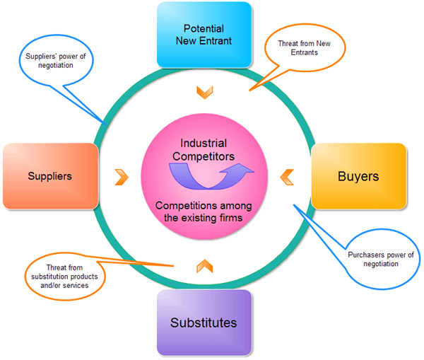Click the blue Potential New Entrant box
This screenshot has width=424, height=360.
tap(204, 35)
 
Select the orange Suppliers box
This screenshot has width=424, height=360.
tap(51, 176)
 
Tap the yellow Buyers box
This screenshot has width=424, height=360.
tap(359, 176)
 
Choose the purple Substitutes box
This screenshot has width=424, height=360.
tap(204, 323)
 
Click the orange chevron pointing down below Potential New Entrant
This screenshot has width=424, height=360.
tap(205, 93)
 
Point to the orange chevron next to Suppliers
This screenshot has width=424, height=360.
tap(122, 178)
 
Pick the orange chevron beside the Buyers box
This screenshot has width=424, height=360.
tap(286, 178)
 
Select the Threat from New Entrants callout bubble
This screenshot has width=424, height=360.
tap(305, 47)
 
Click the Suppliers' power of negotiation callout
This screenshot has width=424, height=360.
tap(56, 60)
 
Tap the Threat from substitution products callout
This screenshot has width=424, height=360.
tap(64, 277)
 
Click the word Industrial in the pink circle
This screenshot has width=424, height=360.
tap(204, 143)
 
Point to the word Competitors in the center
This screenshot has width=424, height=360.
tap(204, 156)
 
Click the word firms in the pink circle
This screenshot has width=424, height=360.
tap(230, 218)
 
